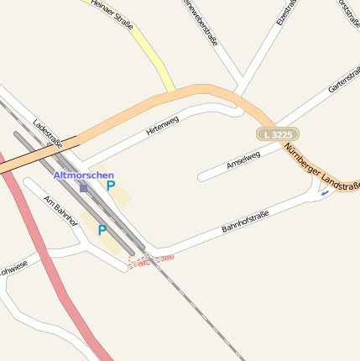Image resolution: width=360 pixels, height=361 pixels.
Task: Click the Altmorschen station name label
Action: coord(84,175)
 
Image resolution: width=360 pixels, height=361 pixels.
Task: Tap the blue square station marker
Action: coord(83,189)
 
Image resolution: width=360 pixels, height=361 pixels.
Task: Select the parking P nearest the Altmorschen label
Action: coord(110,186)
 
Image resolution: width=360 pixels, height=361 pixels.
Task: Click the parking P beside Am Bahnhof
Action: coord(102,230)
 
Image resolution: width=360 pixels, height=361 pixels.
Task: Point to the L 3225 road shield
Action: coord(278,134)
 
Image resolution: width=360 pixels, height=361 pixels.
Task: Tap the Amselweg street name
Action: coord(243,160)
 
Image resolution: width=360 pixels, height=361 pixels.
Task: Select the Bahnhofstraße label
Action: coord(245,222)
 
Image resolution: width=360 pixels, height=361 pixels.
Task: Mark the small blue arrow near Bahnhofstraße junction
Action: coord(325,192)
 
